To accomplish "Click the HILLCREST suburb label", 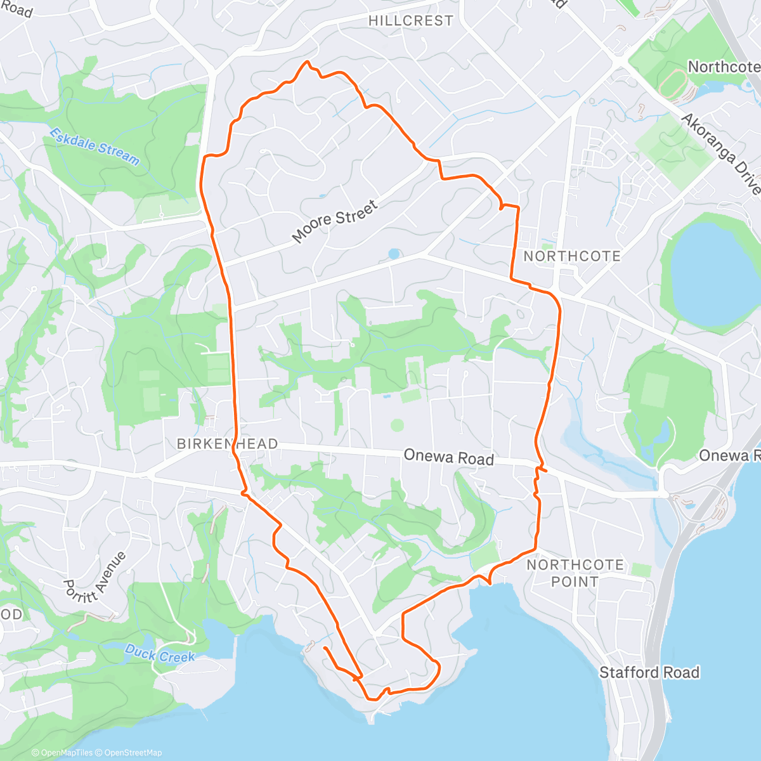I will point(410,20).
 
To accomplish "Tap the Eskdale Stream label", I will point(94,146).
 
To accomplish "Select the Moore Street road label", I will point(335,221).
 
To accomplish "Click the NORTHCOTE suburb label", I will point(572,256).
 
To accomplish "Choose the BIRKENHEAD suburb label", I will point(227,444).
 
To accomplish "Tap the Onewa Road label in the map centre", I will point(448,457).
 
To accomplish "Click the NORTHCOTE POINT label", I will point(575,573).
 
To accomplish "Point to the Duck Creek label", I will point(159,654).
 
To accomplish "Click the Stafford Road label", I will point(649,672).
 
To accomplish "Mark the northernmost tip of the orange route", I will point(308,62).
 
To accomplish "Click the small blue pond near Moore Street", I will point(394,254).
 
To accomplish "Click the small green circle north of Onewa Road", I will point(397,424).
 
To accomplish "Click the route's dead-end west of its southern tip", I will point(324,648).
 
